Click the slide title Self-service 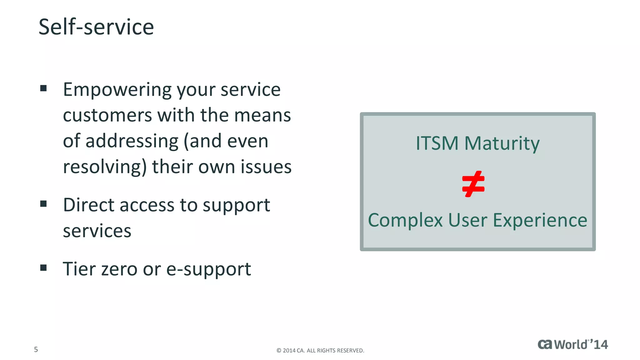96,27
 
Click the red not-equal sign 473,184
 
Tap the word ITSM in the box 437,143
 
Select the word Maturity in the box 502,144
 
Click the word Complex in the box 405,220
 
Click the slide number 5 36,349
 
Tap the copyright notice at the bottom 320,351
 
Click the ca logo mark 545,344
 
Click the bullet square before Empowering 43,88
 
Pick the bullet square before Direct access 43,204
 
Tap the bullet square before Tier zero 43,268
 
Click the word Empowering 117,90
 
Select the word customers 107,115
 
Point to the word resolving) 105,167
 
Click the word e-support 208,269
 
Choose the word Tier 79,269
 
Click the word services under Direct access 97,231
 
